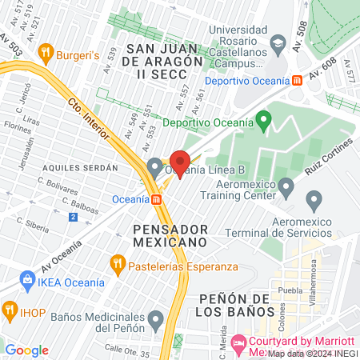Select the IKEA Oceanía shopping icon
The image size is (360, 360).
click(27, 282)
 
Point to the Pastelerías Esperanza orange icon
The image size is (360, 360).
click(118, 262)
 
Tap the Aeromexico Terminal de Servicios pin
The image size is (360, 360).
click(314, 198)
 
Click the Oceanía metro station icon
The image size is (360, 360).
click(158, 199)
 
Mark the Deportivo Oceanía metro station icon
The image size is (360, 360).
click(297, 81)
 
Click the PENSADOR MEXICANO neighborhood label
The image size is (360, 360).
click(170, 234)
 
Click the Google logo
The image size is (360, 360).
click(26, 350)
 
